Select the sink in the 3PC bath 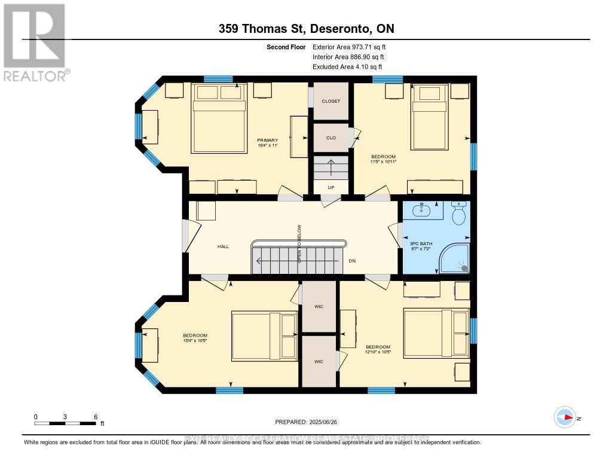(422, 210)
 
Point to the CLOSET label (331, 101)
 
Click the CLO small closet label (331, 138)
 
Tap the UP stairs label (331, 187)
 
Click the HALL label (223, 246)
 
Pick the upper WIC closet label (319, 306)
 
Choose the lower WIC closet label (319, 361)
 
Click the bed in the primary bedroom (218, 118)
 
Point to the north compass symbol (565, 417)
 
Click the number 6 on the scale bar (95, 416)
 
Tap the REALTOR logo (35, 42)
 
